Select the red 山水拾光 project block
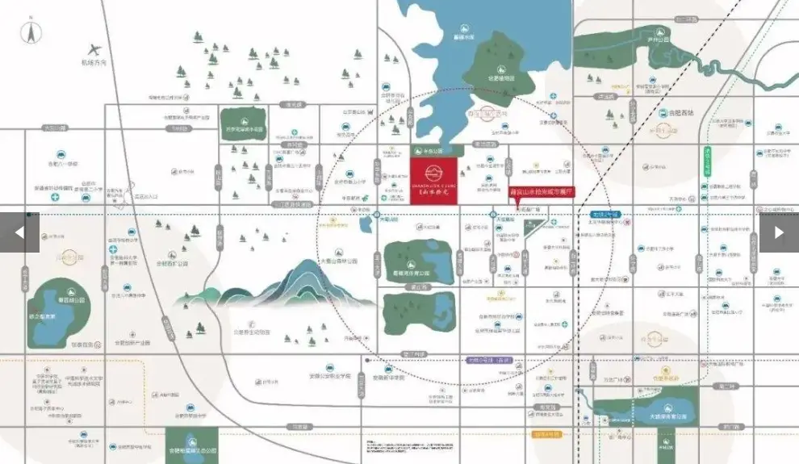433,177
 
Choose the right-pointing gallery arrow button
779,232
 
